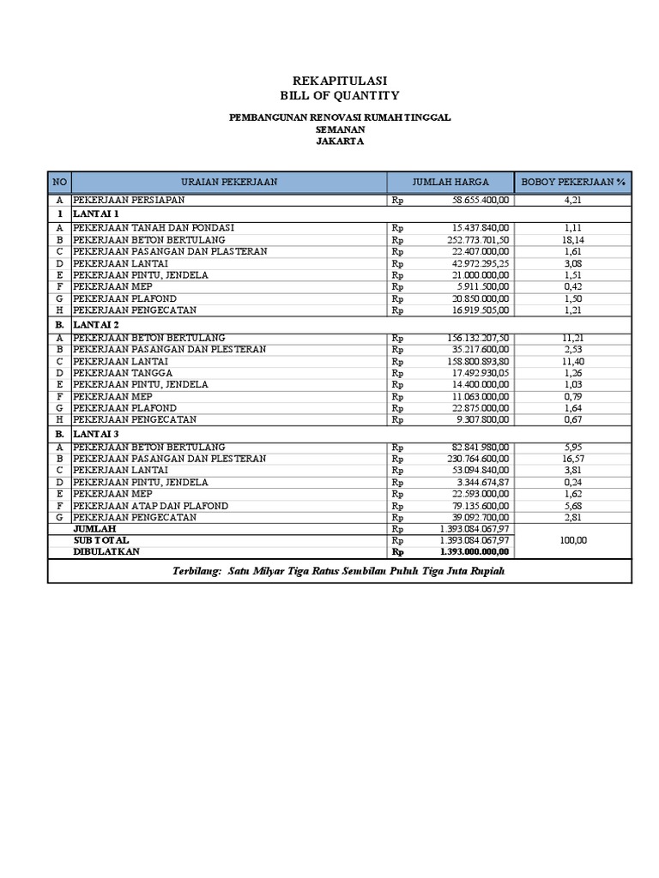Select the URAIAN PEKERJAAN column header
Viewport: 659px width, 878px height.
pos(229,182)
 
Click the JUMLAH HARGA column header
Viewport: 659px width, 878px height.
pos(450,182)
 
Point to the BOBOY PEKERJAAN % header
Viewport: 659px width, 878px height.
pos(572,182)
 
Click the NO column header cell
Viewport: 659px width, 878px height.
pos(59,182)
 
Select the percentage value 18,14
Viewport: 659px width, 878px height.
pos(572,240)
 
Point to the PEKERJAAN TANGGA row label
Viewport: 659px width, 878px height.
pos(123,374)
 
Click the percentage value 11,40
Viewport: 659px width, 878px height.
pos(572,362)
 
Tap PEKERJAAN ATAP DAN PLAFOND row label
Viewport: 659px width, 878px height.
pos(151,507)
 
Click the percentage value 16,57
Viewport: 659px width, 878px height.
pos(572,459)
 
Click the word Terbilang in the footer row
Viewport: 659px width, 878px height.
pos(196,570)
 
